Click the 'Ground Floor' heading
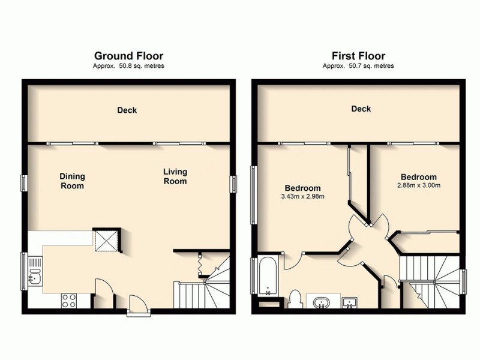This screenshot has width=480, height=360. pyautogui.click(x=128, y=56)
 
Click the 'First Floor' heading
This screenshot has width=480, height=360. pyautogui.click(x=358, y=56)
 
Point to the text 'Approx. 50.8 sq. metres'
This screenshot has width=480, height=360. pyautogui.click(x=128, y=66)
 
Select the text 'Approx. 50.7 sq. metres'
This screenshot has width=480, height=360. pyautogui.click(x=358, y=66)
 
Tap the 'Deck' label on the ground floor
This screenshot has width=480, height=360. pyautogui.click(x=127, y=110)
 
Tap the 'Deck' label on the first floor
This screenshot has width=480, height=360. pyautogui.click(x=361, y=109)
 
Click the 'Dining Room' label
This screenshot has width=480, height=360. pyautogui.click(x=72, y=181)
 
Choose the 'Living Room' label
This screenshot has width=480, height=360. pyautogui.click(x=175, y=176)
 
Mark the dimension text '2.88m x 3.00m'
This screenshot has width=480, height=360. pyautogui.click(x=418, y=185)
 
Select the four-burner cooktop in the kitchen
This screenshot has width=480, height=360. pyautogui.click(x=69, y=299)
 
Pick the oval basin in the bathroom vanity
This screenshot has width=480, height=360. pyautogui.click(x=320, y=301)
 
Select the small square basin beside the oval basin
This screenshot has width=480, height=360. pyautogui.click(x=349, y=301)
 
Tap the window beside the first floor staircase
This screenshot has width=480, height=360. pyautogui.click(x=464, y=279)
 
